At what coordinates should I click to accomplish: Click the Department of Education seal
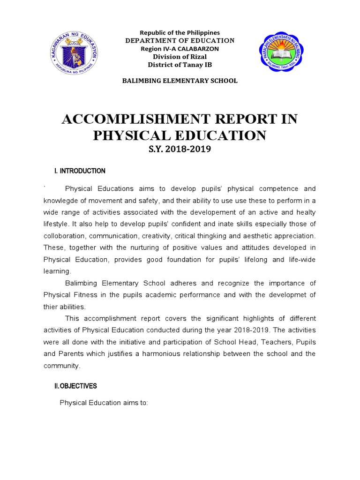click(74, 52)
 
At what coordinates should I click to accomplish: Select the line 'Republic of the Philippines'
click(180, 32)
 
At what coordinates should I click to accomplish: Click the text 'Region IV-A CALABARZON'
click(180, 49)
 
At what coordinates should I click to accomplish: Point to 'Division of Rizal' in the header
click(180, 57)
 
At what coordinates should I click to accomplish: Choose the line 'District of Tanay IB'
click(180, 65)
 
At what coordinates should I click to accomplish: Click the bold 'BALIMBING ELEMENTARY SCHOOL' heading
click(180, 81)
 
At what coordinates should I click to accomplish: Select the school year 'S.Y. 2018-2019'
click(180, 150)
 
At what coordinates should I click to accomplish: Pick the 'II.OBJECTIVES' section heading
click(75, 386)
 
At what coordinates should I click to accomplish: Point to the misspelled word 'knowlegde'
click(60, 201)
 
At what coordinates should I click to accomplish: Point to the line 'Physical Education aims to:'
click(104, 403)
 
